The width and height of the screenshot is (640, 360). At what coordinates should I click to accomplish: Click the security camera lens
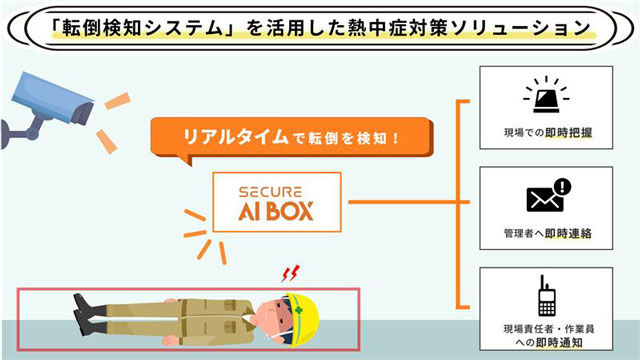(x=83, y=113)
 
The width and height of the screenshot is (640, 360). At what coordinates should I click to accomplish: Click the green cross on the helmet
(x=299, y=311)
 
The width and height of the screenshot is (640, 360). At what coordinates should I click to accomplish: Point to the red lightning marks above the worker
(x=290, y=273)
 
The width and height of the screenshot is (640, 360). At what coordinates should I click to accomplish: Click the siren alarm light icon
(x=546, y=94)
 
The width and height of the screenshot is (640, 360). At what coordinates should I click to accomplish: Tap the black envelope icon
(x=545, y=199)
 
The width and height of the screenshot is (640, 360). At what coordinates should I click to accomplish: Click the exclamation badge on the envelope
(x=563, y=187)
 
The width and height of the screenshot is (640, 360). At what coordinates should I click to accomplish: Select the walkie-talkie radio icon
(x=547, y=296)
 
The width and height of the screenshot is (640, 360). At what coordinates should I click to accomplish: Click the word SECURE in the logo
(x=270, y=192)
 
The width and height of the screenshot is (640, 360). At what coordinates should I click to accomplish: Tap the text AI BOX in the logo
(x=276, y=211)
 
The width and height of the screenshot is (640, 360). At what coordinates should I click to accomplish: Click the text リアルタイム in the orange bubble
(x=236, y=137)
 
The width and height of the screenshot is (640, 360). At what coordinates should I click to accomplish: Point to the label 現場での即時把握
(x=548, y=133)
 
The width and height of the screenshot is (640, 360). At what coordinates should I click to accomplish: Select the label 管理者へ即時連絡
(x=548, y=233)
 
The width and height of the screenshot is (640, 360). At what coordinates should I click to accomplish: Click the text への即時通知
(x=549, y=342)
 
